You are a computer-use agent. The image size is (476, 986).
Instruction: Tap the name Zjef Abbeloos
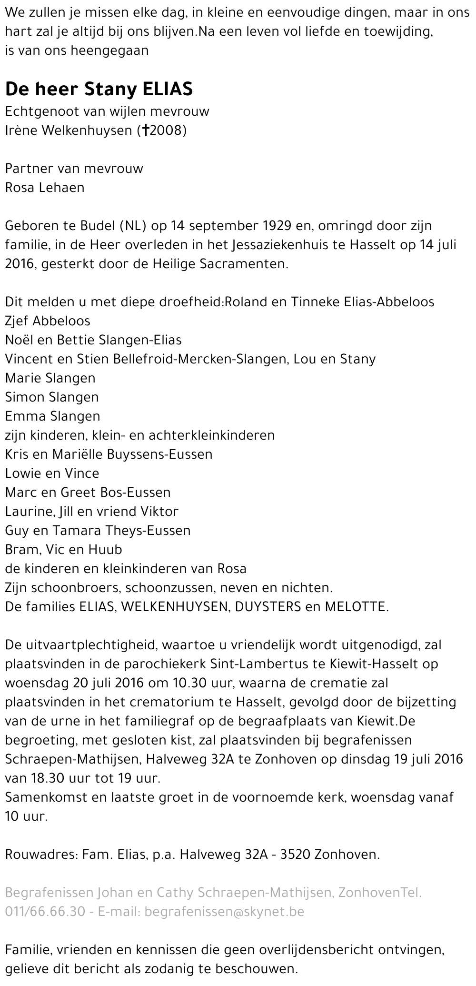click(x=48, y=321)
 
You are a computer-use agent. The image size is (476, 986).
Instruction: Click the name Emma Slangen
click(x=52, y=416)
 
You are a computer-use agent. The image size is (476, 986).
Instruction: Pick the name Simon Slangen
click(x=52, y=397)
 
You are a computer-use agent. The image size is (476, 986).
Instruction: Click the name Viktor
click(x=159, y=512)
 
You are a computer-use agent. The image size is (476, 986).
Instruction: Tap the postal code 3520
click(x=296, y=855)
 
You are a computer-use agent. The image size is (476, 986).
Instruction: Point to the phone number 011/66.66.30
click(x=45, y=912)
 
